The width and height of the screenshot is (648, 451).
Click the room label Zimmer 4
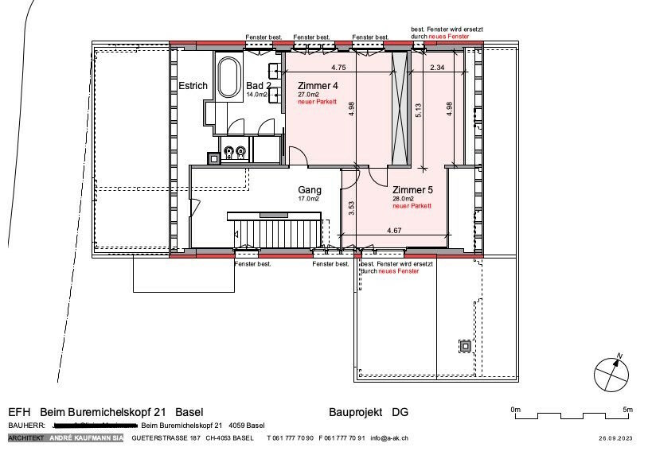pos(318,85)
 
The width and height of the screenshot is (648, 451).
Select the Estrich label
pos(193,85)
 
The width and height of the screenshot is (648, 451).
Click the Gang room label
pos(310,190)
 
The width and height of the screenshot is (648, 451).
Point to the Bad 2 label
pos(259,85)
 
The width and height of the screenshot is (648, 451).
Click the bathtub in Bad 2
pos(229,77)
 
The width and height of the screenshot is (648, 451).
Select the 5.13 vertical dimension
pos(419,111)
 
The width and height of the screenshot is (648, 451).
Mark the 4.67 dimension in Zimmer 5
pos(394,231)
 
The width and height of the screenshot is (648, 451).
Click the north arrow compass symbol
pos(610,374)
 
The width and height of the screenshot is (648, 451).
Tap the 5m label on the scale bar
pos(627,410)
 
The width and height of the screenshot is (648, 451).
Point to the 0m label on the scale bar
pos(515,410)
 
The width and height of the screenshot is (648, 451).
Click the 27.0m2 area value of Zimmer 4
pos(308,95)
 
